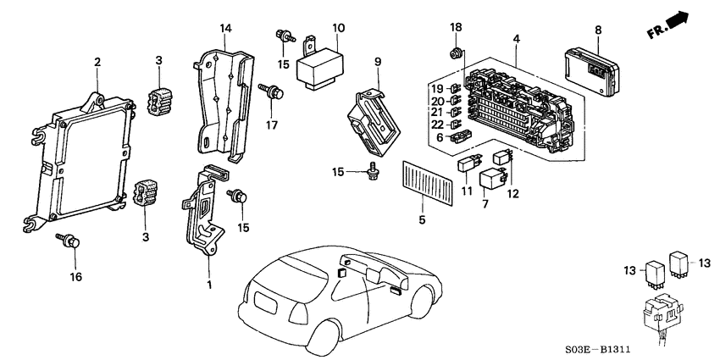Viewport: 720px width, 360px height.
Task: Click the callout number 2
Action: click(97, 62)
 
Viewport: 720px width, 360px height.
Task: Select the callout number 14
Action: click(225, 29)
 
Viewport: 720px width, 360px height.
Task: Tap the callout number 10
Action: click(338, 29)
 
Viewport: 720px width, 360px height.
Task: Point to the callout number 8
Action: click(598, 30)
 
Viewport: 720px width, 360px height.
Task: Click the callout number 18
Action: click(457, 29)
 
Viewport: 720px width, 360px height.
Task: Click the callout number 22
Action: click(436, 125)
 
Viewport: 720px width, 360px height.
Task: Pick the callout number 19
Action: click(436, 89)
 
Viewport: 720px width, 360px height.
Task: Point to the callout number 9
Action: click(378, 61)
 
